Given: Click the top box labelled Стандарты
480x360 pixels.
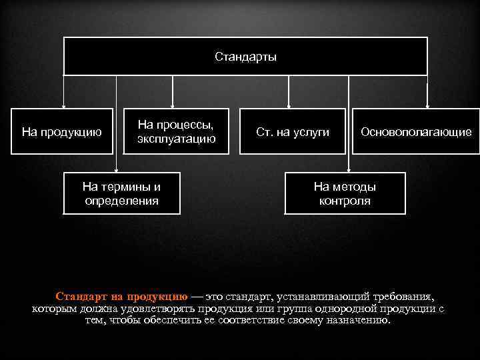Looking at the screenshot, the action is pos(245,56).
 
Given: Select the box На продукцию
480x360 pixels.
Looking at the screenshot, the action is pos(62,131).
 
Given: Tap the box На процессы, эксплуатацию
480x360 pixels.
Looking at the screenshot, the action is pos(176,131).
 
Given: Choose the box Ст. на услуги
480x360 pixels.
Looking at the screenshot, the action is pos(293,131).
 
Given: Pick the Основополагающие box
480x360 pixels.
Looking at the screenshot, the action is pos(416,131).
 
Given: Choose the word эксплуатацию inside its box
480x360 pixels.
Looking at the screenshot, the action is pos(176,139).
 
